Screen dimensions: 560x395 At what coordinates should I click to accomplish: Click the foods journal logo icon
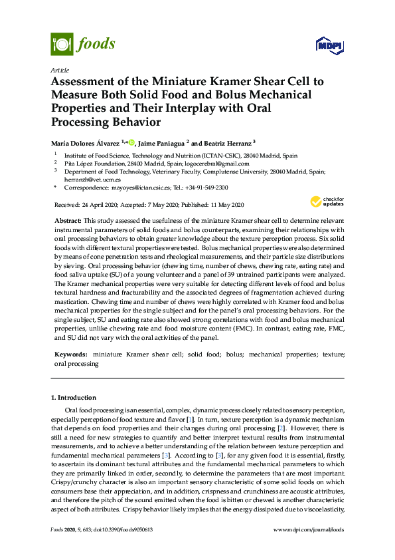point(61,44)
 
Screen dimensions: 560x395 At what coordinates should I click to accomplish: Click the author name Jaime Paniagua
point(163,142)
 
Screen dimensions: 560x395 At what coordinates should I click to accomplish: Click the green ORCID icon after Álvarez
point(131,142)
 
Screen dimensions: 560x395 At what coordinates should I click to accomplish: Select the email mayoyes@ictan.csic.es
point(135,188)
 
